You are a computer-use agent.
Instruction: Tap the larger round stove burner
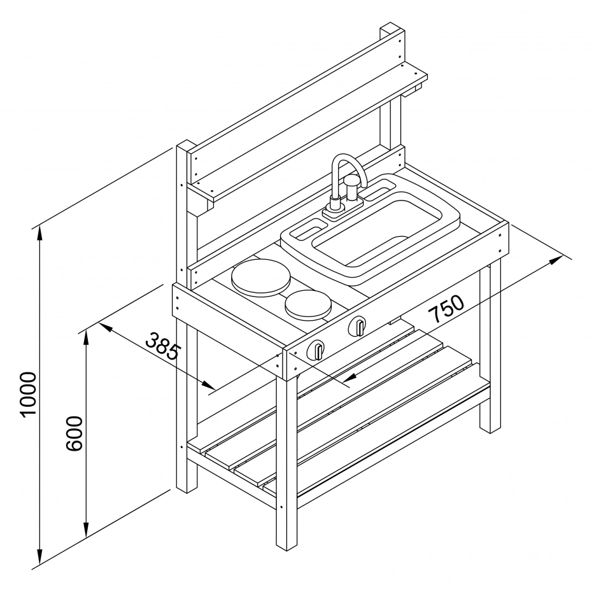[x=261, y=278]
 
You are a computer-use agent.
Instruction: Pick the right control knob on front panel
[x=358, y=327]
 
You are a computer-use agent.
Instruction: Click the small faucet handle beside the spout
[x=351, y=187]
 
